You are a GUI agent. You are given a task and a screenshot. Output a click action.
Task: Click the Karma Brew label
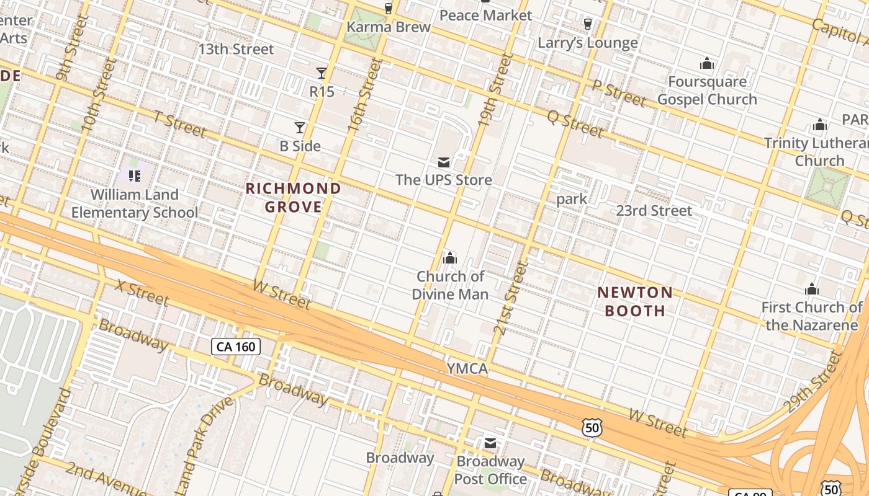pos(389,27)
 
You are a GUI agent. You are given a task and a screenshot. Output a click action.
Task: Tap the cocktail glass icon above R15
pos(322,73)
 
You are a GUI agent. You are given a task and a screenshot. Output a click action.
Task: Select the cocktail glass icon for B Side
pos(300,128)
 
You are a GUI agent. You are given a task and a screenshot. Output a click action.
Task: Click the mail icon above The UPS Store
pos(444,162)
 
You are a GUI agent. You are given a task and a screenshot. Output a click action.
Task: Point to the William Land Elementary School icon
pos(135,176)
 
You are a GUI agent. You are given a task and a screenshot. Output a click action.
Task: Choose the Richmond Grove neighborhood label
pos(294,197)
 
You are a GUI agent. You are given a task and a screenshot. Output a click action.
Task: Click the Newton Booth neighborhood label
pos(635,301)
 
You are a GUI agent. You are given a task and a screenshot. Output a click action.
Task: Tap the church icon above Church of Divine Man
pos(450,257)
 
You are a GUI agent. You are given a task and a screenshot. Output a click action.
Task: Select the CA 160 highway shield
pos(236,347)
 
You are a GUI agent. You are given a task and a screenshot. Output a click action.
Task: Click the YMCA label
pos(467,369)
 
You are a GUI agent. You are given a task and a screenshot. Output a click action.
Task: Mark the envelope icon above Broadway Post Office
pos(490,443)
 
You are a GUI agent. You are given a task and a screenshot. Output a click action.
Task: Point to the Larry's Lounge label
pos(587,43)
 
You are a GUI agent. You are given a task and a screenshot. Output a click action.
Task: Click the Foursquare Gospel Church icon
pos(707,63)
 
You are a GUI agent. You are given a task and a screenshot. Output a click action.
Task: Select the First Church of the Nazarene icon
pos(812,289)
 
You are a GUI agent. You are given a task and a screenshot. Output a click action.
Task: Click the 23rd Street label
pos(654,211)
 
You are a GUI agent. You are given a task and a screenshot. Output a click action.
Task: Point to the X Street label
pos(142,293)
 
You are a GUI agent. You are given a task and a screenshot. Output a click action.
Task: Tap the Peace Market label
pos(485,15)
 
